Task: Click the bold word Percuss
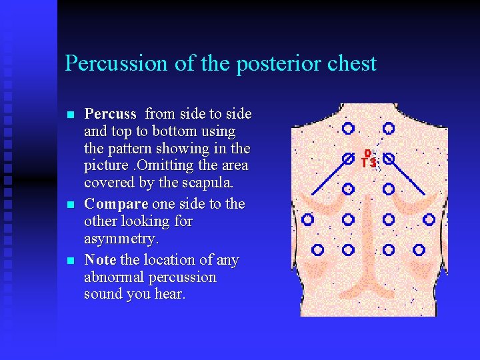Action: (111, 114)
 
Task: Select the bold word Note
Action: (100, 260)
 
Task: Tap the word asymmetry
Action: (123, 239)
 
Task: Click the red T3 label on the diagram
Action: (369, 161)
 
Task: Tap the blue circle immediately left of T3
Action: (348, 159)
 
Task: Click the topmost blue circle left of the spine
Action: (348, 128)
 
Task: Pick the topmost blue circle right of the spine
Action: (389, 128)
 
